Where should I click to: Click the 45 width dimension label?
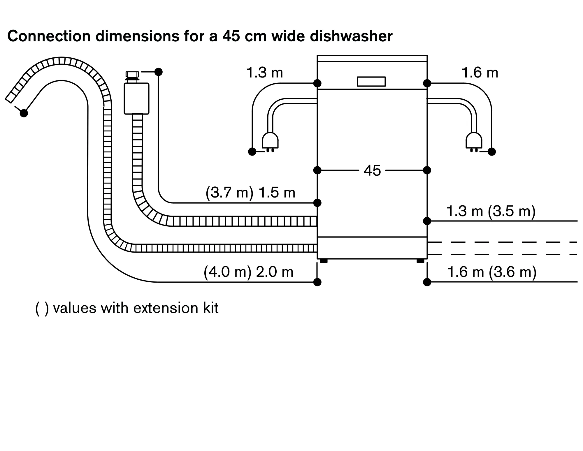[x=372, y=170]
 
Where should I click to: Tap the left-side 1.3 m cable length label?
[x=264, y=73]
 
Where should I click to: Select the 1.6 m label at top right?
[x=480, y=73]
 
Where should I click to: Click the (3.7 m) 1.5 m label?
[x=250, y=193]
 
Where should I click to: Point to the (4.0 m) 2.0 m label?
[x=248, y=272]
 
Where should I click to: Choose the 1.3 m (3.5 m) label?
[x=491, y=211]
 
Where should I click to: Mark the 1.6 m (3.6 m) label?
[x=492, y=272]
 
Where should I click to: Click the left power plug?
[x=270, y=141]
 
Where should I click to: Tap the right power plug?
[x=474, y=141]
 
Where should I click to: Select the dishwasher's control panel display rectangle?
[x=371, y=82]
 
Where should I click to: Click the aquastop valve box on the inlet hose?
[x=136, y=98]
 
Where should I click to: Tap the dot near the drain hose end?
[x=24, y=113]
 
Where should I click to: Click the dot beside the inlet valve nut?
[x=158, y=72]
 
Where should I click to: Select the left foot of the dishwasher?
[x=324, y=261]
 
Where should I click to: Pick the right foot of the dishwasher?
[x=420, y=261]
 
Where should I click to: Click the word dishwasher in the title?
[x=351, y=36]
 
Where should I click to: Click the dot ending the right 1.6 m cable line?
[x=492, y=151]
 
